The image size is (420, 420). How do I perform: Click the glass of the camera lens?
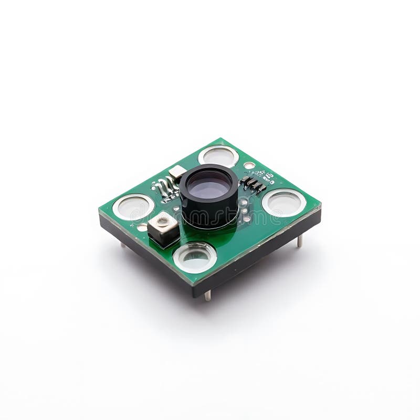pos(209,185)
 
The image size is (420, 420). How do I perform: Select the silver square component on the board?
pos(163,228)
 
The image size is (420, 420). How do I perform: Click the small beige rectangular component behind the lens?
pos(177,171)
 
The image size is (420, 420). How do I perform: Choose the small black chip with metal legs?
pos(254,184)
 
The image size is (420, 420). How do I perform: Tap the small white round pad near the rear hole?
pos(249,165)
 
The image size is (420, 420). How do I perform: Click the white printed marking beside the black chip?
pos(268,176)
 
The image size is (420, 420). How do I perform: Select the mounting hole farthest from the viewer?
pos(218,156)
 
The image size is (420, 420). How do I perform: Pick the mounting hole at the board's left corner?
pos(133,207)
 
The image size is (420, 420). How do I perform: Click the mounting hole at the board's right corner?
pos(283,203)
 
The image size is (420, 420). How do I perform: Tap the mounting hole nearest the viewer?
pos(195,257)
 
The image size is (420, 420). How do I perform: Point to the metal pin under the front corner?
pos(207,295)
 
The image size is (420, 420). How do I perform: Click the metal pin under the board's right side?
pos(300,241)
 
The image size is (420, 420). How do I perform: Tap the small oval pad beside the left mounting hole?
pos(142,227)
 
